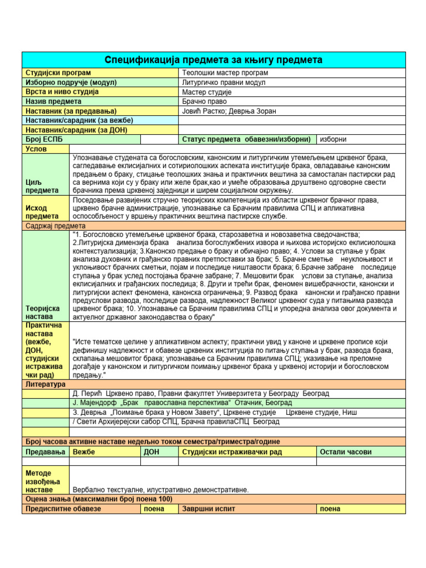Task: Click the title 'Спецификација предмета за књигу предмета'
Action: tap(214, 60)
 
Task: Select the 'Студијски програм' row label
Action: tap(58, 73)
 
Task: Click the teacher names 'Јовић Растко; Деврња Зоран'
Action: tap(229, 111)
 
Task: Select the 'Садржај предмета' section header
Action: tap(54, 226)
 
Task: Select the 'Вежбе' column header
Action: tap(84, 452)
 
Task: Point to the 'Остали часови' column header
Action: tap(346, 452)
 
